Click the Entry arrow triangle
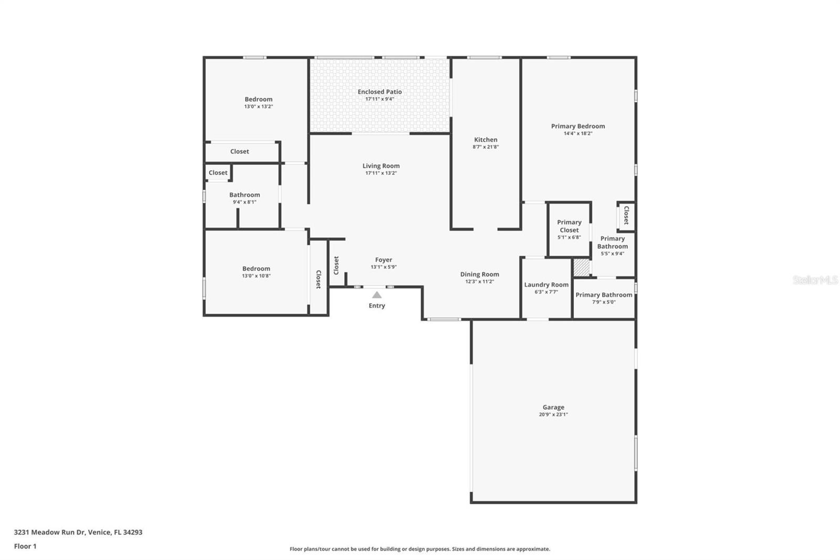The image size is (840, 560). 377,295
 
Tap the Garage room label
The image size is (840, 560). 553,407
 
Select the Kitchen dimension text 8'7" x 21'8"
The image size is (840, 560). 486,147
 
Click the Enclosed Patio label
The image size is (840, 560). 380,91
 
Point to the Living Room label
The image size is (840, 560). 381,166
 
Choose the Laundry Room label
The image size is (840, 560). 547,285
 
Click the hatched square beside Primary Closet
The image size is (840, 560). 582,267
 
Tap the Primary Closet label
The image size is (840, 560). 569,226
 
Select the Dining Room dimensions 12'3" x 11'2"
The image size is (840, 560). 480,282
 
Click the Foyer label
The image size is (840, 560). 384,260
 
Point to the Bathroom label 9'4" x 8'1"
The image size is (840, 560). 245,195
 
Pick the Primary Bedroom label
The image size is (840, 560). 578,127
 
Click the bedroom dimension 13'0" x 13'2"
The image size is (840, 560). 259,107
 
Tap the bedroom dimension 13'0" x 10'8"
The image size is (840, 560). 256,276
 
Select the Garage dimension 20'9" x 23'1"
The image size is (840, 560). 553,414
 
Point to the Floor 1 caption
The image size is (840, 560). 25,546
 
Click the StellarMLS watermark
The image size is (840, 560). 815,280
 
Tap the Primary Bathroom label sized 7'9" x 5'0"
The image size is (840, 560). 604,295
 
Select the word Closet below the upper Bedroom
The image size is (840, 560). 239,152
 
